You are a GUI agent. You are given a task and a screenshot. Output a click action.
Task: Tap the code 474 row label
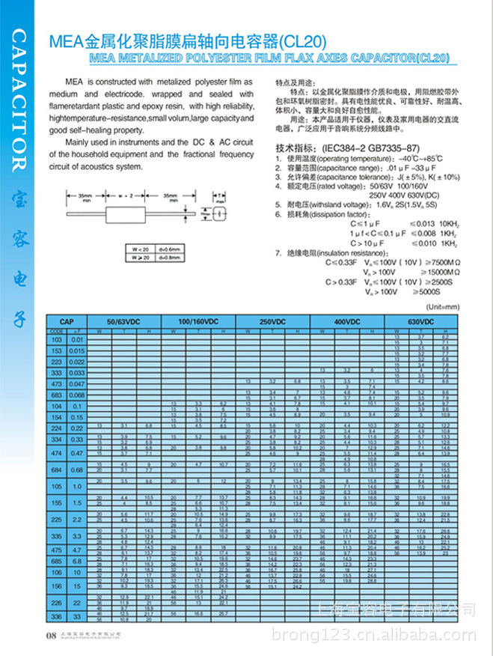point(56,453)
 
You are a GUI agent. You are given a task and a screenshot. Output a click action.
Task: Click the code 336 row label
point(56,616)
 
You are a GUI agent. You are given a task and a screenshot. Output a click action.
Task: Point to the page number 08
point(51,636)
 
